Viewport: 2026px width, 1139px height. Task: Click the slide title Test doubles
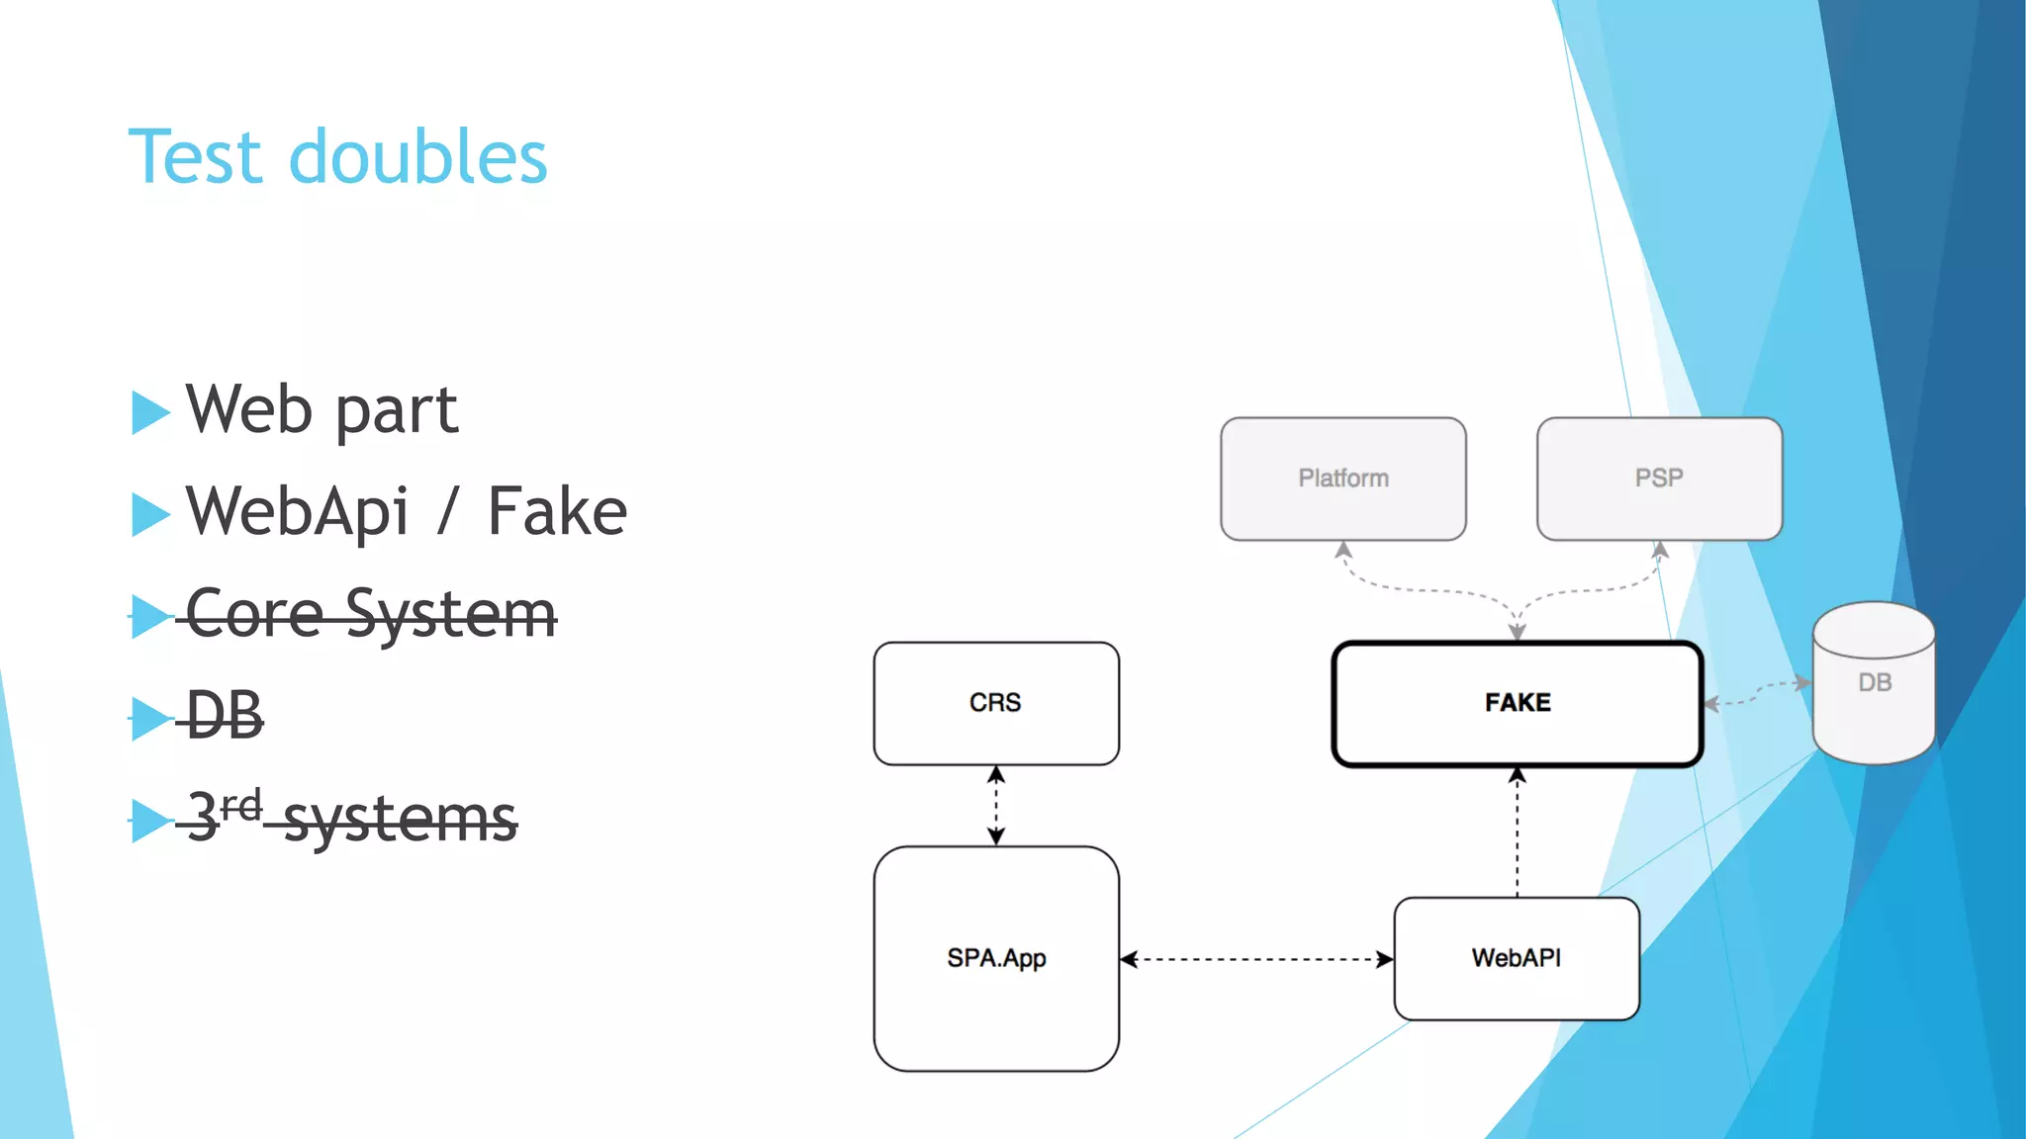[337, 157]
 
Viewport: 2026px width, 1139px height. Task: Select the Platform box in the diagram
[1342, 479]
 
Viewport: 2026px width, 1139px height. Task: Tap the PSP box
[1659, 479]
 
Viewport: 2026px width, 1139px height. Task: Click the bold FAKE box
[1517, 703]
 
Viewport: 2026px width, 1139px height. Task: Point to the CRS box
[995, 703]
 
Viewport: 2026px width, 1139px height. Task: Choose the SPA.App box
[995, 958]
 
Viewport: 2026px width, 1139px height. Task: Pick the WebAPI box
[1516, 958]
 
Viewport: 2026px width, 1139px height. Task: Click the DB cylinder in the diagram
[1874, 683]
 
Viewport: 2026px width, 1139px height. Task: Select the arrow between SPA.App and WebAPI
[1256, 959]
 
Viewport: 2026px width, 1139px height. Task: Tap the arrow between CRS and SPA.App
[996, 806]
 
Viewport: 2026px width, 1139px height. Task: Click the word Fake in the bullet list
[557, 512]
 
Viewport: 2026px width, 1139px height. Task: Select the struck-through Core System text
[371, 615]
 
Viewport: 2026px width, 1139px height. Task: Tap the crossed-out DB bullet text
[225, 716]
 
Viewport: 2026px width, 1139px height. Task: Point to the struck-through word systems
[400, 820]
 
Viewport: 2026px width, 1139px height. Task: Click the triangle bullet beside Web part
[150, 412]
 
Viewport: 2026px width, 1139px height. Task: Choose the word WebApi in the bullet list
[297, 512]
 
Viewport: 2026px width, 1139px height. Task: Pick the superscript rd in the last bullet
[240, 806]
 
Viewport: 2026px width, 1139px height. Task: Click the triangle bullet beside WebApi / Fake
[150, 514]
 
